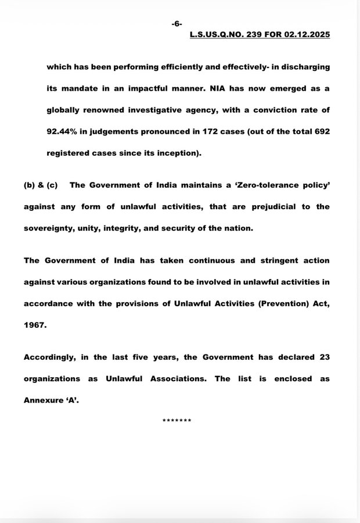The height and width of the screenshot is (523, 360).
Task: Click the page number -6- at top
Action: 177,23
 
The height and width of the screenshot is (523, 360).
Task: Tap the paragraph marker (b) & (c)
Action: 41,185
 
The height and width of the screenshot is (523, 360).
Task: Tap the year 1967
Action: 34,325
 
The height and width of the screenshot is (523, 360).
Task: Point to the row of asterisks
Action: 177,420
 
